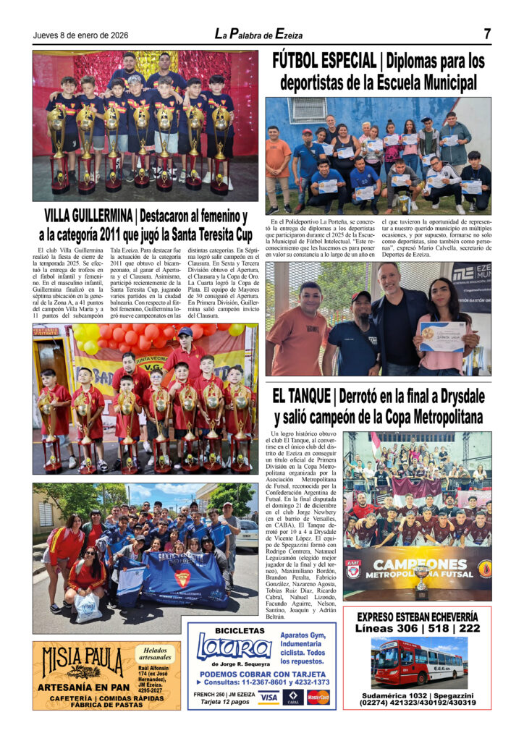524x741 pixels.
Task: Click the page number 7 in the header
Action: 487,34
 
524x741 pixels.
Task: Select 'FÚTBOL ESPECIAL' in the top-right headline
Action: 324,62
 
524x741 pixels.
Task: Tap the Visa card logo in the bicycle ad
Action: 269,698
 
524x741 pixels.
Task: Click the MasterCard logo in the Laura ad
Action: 318,698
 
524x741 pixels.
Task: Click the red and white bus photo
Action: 418,664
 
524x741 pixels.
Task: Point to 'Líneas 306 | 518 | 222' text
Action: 418,628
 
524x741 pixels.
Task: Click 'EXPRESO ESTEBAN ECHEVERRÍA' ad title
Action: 418,617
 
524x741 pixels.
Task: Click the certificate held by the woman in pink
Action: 441,336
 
